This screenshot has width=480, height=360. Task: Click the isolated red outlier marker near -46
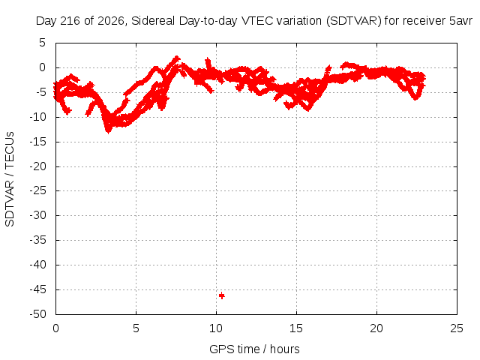[222, 295]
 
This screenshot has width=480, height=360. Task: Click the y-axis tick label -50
[37, 314]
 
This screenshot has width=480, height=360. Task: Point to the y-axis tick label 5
[42, 43]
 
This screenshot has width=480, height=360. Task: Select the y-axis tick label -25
[37, 190]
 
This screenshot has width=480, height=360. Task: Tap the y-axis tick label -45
[37, 289]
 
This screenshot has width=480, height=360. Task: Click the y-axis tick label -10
[37, 117]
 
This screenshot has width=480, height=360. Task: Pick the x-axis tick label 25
[457, 328]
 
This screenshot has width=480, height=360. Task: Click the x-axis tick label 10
[216, 328]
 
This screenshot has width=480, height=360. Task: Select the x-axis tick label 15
[296, 328]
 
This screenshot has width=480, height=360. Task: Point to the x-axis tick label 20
[376, 328]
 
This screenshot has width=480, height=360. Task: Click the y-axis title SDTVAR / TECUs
[10, 179]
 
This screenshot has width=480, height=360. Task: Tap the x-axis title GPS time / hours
[254, 349]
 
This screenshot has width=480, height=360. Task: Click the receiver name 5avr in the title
[461, 21]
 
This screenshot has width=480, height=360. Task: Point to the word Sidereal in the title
[153, 21]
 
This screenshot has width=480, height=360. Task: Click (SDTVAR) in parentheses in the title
[354, 21]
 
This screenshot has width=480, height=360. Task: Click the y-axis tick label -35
[37, 240]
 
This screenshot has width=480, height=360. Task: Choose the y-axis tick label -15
[37, 142]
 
